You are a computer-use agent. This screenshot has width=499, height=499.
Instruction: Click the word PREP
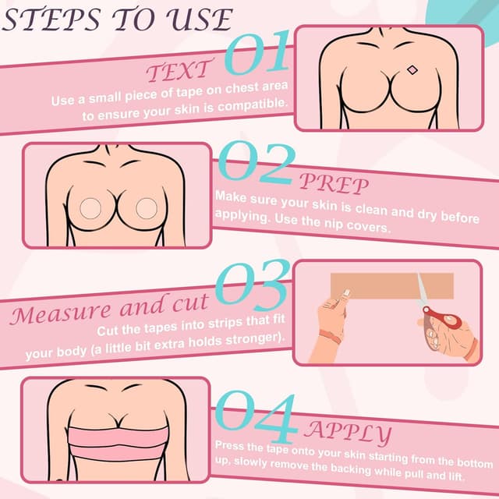pyautogui.click(x=335, y=184)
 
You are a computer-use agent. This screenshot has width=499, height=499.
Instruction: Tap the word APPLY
pyautogui.click(x=350, y=430)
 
